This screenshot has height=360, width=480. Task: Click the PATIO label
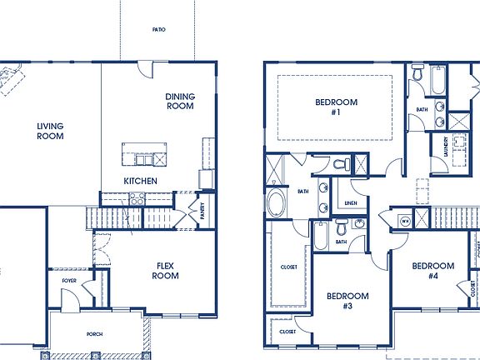click(x=158, y=29)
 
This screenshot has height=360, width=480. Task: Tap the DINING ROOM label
click(x=180, y=101)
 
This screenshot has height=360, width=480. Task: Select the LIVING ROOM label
click(x=50, y=132)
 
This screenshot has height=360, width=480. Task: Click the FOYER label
click(x=69, y=281)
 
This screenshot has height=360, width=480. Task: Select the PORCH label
click(x=95, y=334)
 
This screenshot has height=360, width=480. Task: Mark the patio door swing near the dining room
click(x=147, y=70)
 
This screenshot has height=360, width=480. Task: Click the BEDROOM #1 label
click(x=336, y=107)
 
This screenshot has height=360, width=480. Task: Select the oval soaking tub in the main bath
click(x=276, y=203)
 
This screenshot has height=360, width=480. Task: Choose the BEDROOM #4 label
click(x=433, y=271)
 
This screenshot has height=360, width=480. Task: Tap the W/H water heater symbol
click(x=405, y=221)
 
